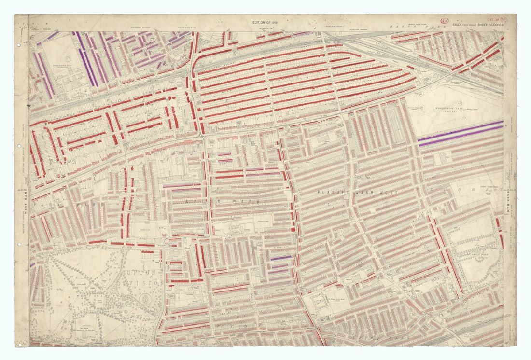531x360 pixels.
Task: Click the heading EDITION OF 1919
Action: click(x=265, y=23)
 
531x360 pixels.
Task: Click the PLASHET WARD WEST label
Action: click(x=357, y=193)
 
